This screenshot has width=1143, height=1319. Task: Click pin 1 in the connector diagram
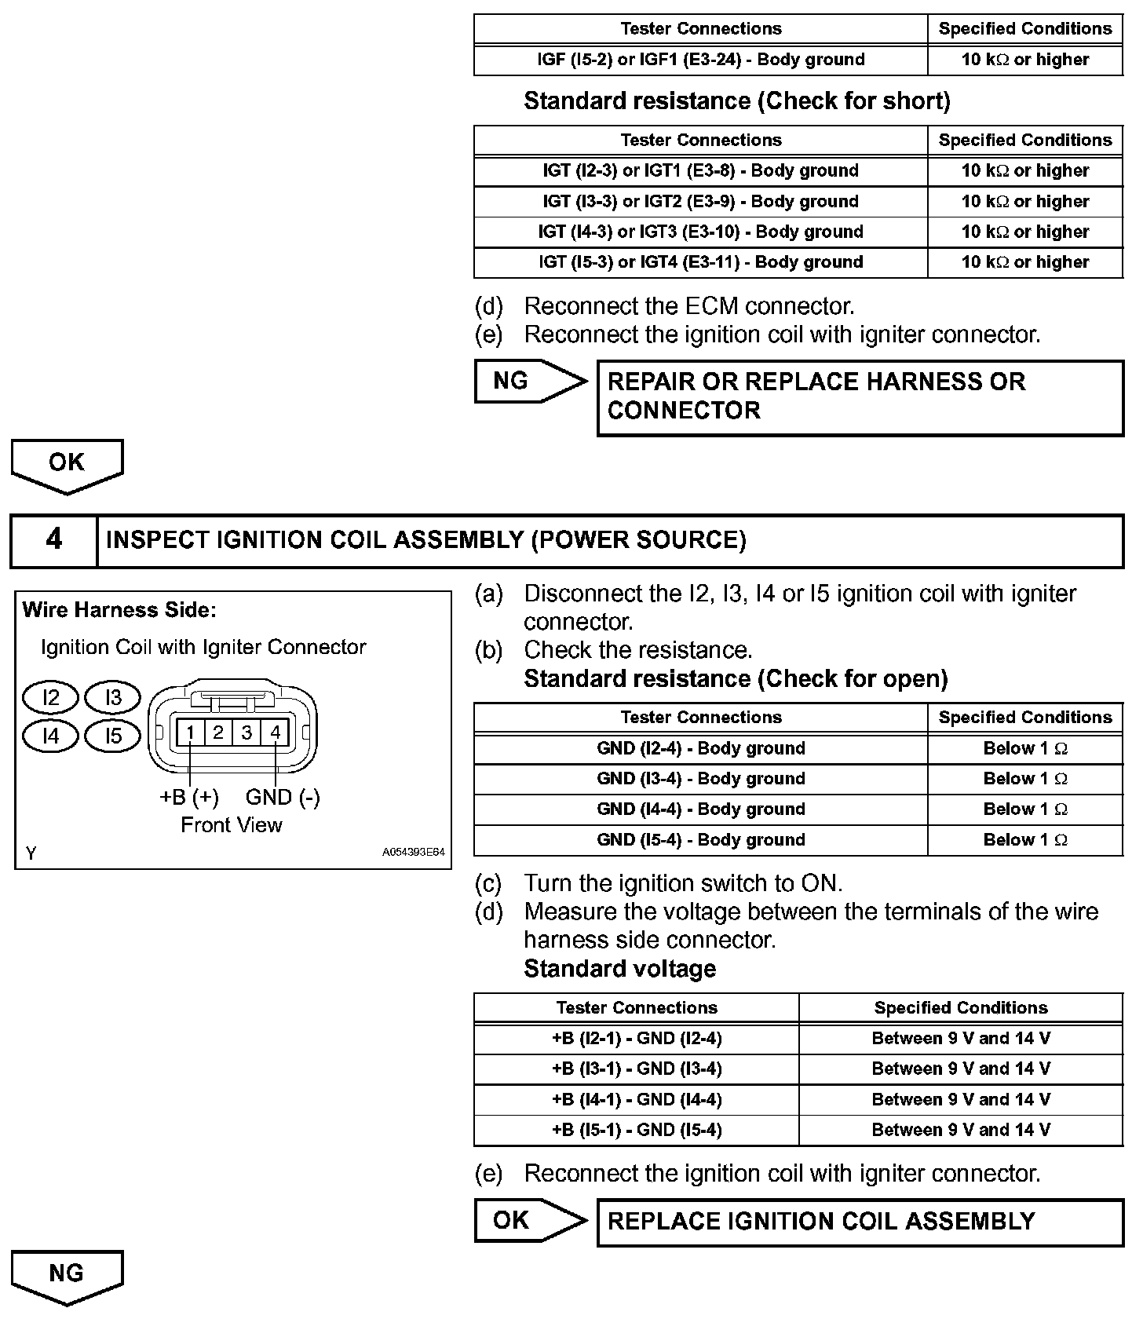point(190,733)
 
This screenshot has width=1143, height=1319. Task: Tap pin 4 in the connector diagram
point(276,733)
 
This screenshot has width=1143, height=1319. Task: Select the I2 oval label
point(51,697)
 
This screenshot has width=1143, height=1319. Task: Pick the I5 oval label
point(114,736)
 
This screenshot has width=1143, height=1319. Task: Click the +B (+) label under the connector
point(189,797)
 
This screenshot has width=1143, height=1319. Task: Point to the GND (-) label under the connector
point(283,797)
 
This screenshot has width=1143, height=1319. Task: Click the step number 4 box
point(53,540)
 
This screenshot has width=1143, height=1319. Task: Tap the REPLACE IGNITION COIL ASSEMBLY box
point(860,1222)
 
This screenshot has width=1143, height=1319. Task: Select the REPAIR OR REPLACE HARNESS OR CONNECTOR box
point(860,397)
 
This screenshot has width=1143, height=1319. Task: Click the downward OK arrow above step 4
point(67,464)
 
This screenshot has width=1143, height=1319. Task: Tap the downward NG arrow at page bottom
point(67,1275)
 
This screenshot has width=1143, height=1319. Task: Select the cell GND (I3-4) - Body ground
point(700,779)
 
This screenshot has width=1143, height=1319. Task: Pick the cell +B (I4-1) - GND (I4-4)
point(636,1100)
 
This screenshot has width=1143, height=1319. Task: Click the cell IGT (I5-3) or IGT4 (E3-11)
point(700,262)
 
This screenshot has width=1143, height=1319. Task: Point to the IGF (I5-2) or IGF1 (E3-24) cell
point(700,60)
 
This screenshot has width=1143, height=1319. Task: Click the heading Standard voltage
point(619,969)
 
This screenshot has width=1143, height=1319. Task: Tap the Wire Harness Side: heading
point(119,610)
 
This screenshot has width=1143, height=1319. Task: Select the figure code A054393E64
point(414,852)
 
